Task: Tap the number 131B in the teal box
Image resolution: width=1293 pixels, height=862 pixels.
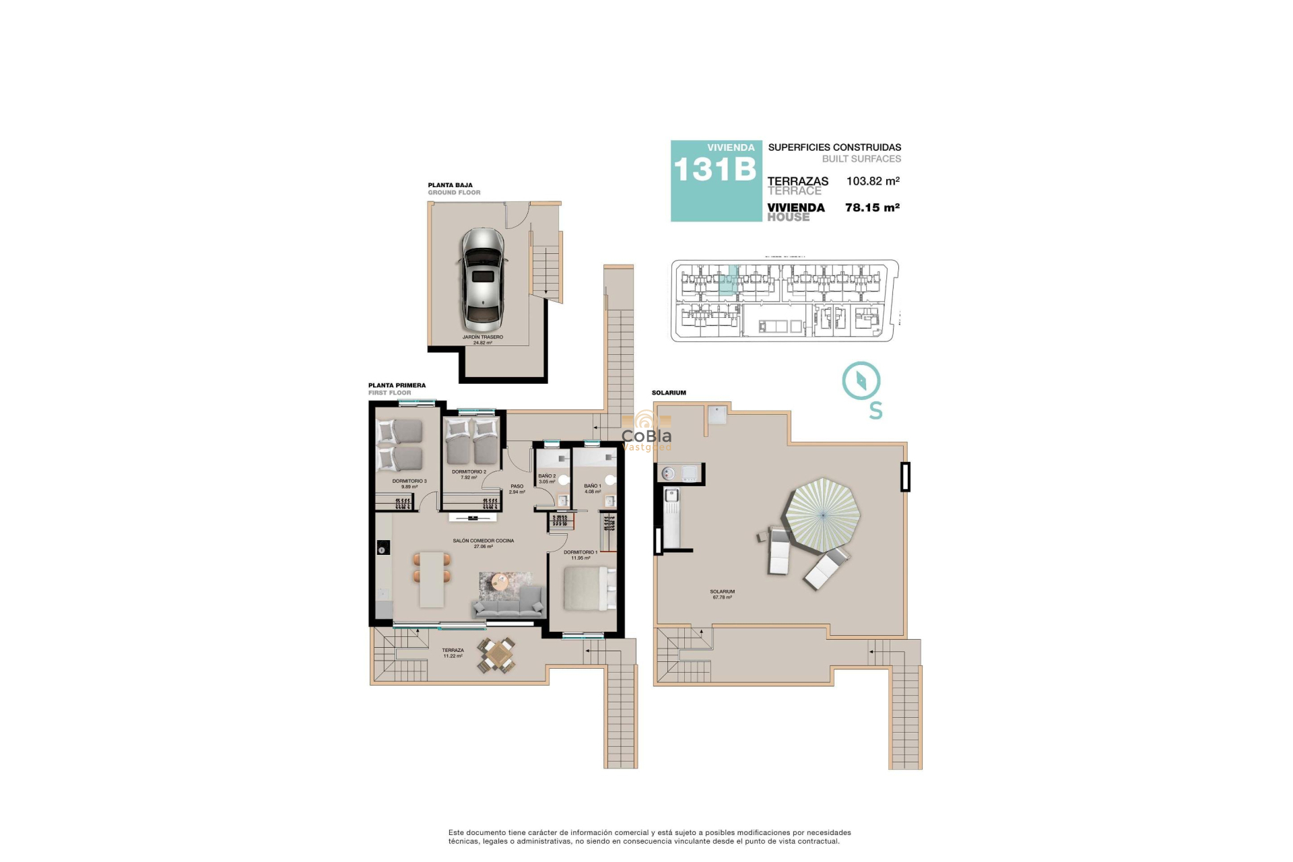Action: coord(715,170)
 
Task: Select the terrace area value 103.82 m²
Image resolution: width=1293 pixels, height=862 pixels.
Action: coord(873,181)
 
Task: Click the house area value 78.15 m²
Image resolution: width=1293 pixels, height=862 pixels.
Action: coord(872,208)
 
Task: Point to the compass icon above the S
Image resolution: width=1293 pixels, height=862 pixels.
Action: coord(861,381)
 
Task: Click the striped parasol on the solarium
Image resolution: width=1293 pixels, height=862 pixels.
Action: coord(823,515)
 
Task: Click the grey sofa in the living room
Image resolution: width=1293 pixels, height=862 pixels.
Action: coord(508,603)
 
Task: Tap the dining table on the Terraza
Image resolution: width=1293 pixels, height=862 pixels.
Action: coord(498,655)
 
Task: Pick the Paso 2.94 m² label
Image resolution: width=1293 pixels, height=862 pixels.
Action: coord(517,489)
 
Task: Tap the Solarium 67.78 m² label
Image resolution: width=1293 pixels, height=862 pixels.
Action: coord(722,594)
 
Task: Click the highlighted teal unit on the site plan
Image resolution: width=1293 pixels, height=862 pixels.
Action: coord(728,282)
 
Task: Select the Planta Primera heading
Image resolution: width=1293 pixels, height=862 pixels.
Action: coord(397,386)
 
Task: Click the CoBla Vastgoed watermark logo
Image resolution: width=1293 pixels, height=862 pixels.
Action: coord(646,436)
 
